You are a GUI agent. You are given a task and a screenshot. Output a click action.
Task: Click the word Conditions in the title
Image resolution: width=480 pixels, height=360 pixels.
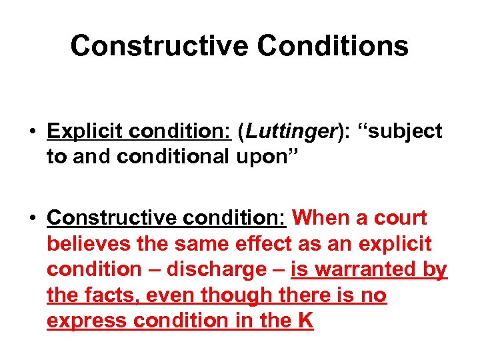point(333,46)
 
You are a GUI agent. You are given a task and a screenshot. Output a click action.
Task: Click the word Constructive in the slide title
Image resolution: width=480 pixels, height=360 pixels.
point(158,46)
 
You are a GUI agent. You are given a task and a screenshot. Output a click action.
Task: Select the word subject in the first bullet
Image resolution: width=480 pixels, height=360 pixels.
point(405,131)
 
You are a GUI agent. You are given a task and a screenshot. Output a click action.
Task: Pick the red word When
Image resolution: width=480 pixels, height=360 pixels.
point(322,218)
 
